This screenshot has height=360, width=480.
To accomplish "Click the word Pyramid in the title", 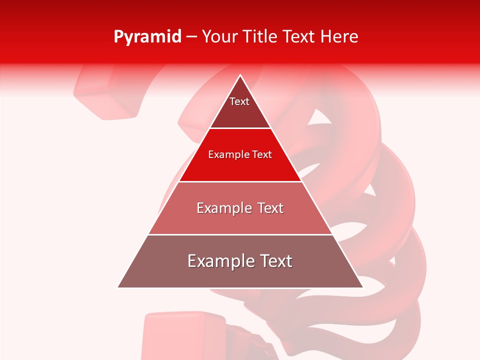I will (x=147, y=36).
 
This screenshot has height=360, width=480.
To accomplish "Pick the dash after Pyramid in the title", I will (x=191, y=37).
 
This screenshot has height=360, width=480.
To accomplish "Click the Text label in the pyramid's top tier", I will (x=239, y=101).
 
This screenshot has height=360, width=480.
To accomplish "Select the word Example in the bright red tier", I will (x=228, y=154).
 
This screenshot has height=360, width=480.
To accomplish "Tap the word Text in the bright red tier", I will (x=261, y=154).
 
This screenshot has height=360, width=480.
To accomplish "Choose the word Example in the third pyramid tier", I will (x=222, y=208).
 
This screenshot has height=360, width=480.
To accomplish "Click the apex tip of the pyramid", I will (x=240, y=75).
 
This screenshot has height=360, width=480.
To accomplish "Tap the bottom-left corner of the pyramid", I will (x=118, y=287).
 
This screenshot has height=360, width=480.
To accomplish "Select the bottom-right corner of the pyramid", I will (x=362, y=287).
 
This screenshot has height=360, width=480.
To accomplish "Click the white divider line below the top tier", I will (x=240, y=128).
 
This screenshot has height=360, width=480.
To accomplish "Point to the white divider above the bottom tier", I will (x=240, y=234).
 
